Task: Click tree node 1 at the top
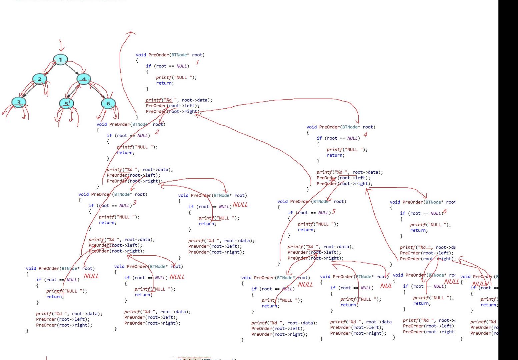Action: [60, 60]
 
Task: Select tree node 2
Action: [40, 79]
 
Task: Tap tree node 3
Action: [19, 102]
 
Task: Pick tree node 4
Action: [84, 79]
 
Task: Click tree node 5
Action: [66, 103]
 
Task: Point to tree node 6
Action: [108, 103]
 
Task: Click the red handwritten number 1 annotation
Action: [197, 62]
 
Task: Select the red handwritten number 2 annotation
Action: [157, 132]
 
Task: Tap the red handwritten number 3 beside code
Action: [134, 202]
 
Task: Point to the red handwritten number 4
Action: [365, 135]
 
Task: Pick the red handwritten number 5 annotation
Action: [333, 212]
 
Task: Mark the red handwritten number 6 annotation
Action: [445, 212]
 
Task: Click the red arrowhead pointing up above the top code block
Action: [131, 33]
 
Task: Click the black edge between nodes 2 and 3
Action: [29, 91]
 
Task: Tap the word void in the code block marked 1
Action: [141, 55]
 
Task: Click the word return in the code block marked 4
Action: [335, 155]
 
